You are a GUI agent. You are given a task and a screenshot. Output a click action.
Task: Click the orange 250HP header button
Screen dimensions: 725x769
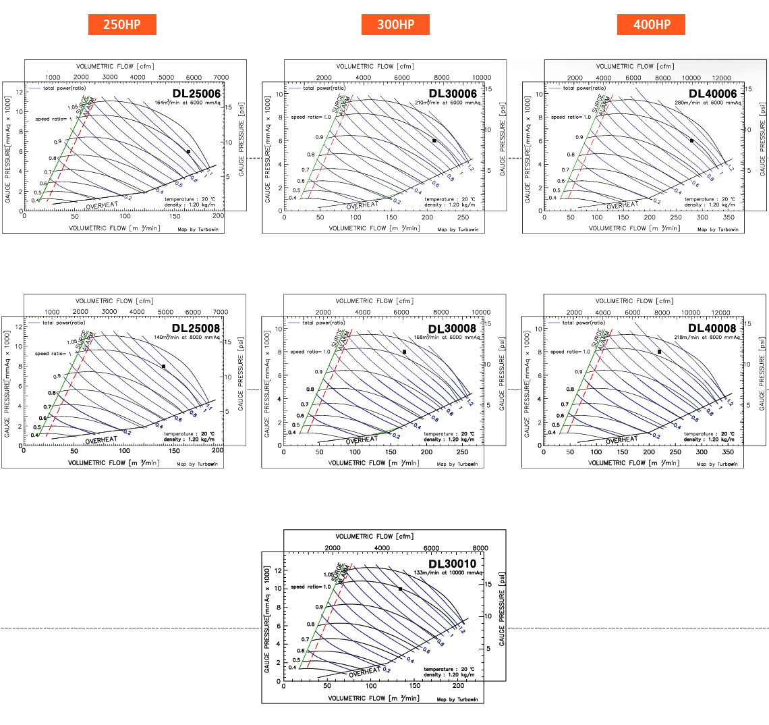(122, 25)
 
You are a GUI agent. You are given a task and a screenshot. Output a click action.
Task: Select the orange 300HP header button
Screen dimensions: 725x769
(395, 25)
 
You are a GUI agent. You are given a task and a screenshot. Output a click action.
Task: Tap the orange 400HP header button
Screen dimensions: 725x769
(651, 25)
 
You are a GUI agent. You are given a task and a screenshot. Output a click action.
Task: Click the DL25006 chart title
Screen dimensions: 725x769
(196, 93)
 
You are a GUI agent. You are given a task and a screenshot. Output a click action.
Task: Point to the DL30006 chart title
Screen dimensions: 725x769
(453, 93)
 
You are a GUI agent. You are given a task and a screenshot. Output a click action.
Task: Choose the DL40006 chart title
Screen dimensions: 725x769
(712, 93)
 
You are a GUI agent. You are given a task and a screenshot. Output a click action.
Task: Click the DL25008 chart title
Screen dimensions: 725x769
(196, 328)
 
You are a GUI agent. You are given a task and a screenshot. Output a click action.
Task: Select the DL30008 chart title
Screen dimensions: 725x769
(453, 328)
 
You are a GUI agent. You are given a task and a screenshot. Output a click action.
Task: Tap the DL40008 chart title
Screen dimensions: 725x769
(712, 328)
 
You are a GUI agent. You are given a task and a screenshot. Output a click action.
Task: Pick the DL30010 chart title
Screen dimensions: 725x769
(453, 564)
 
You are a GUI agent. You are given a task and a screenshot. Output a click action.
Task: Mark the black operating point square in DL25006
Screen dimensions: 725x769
(188, 151)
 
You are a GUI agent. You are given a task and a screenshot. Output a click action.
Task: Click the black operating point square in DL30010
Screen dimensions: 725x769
(400, 589)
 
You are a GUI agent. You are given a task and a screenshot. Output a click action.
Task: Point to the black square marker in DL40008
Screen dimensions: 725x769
(659, 352)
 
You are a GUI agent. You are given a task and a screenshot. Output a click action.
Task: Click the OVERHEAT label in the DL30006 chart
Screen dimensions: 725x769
(362, 205)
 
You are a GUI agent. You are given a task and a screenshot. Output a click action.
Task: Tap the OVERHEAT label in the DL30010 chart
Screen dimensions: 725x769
(365, 672)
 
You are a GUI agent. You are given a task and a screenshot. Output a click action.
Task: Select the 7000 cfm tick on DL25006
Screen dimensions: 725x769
(221, 78)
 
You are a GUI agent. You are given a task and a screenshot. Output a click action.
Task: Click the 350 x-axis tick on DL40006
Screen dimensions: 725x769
(728, 219)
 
